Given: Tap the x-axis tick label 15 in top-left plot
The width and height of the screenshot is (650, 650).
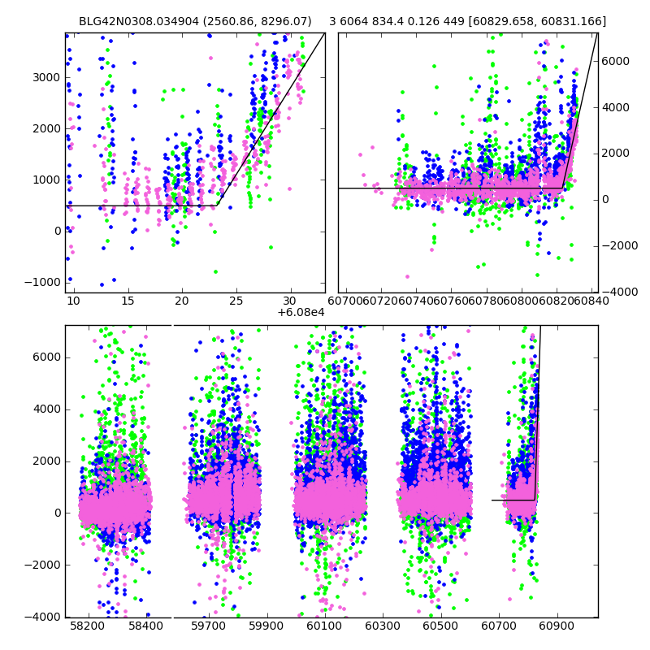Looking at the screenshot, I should pos(128,301).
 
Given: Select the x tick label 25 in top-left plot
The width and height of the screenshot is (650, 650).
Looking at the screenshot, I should pos(236,301).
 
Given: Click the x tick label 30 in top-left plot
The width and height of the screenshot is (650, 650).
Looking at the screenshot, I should pos(290,301).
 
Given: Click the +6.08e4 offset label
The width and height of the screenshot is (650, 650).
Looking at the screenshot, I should pos(300,313).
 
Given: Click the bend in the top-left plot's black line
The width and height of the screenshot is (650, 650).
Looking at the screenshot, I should pos(217,206).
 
